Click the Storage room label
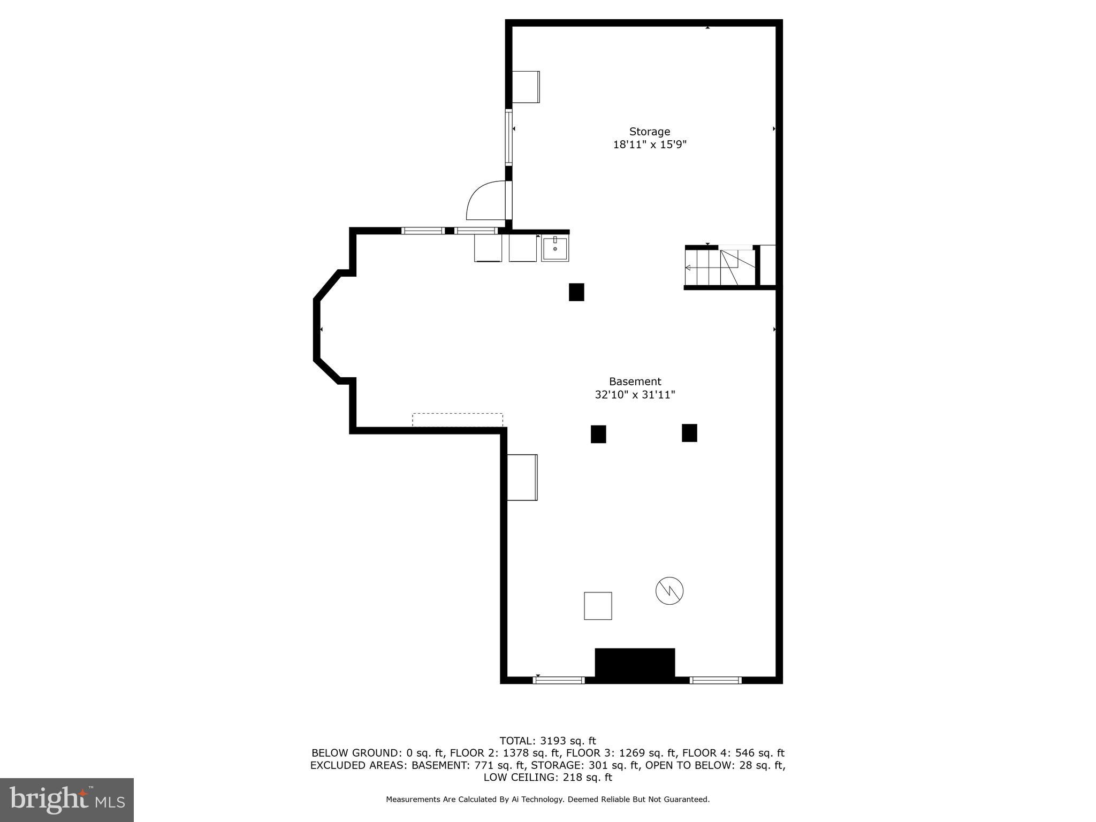tap(649, 132)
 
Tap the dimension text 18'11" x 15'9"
tap(649, 144)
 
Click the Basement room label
tap(635, 382)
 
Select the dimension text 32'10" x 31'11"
tap(635, 395)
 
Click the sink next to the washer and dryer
tap(555, 249)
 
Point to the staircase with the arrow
tap(720, 268)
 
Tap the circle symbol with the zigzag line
tap(669, 591)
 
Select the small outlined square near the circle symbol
tap(597, 606)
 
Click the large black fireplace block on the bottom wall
tap(635, 663)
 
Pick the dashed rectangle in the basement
tap(458, 420)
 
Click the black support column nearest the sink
tap(576, 292)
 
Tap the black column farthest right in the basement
tap(689, 433)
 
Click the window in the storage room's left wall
tap(508, 137)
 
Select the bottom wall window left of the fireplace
tap(559, 680)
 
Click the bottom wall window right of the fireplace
tap(716, 680)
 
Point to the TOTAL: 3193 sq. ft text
tap(547, 741)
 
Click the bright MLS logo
tap(67, 800)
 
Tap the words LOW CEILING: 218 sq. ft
tap(547, 778)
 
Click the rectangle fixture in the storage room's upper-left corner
tap(526, 87)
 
